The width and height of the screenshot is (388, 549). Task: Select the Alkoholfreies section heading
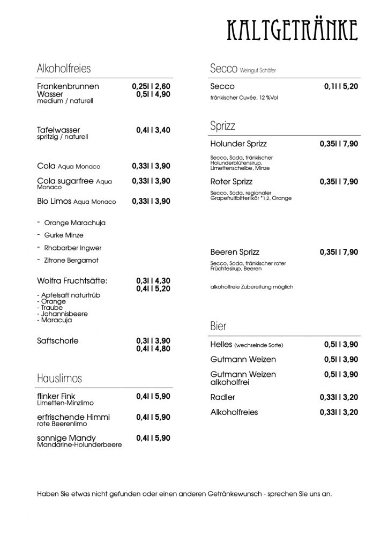point(63,69)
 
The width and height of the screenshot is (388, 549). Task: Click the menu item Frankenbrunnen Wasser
point(68,90)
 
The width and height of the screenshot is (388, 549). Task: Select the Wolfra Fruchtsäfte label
point(72,280)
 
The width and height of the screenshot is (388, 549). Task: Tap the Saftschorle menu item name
point(58,341)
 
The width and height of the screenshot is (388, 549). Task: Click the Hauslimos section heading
point(59,379)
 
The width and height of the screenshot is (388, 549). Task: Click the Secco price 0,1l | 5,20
point(341,86)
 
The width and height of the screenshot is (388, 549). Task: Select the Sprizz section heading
point(223,127)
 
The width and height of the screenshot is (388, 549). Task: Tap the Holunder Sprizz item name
point(238,144)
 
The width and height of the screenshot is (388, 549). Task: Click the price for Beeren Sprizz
point(339,252)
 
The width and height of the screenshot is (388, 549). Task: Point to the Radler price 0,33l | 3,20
point(339,397)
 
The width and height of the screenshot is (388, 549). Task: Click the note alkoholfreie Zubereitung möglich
point(252,287)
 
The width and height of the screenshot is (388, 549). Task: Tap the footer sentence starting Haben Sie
point(184,494)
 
